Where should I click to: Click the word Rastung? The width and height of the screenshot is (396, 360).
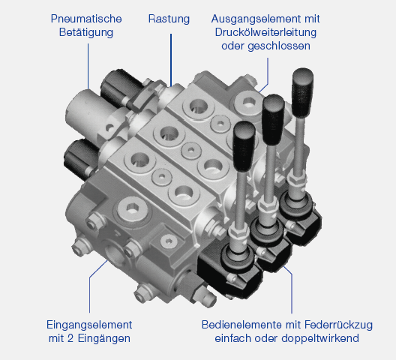169,19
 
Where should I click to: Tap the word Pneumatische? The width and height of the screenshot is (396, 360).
86,19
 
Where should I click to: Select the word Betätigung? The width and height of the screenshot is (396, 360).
86,32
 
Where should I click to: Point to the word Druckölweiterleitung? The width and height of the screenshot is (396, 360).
265,32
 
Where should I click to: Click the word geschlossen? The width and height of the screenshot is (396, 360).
279,46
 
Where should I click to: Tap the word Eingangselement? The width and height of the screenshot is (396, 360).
89,325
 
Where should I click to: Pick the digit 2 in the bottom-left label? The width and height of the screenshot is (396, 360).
70,338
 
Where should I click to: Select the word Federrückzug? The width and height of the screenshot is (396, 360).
339,325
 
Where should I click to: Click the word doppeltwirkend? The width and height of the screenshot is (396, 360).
320,338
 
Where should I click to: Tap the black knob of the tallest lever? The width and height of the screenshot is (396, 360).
302,92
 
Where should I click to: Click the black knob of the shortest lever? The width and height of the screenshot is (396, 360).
244,145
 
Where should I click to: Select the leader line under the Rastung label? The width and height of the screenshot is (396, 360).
171,61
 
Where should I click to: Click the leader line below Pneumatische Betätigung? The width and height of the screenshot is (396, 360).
88,66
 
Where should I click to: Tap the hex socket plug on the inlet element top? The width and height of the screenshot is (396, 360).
133,209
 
